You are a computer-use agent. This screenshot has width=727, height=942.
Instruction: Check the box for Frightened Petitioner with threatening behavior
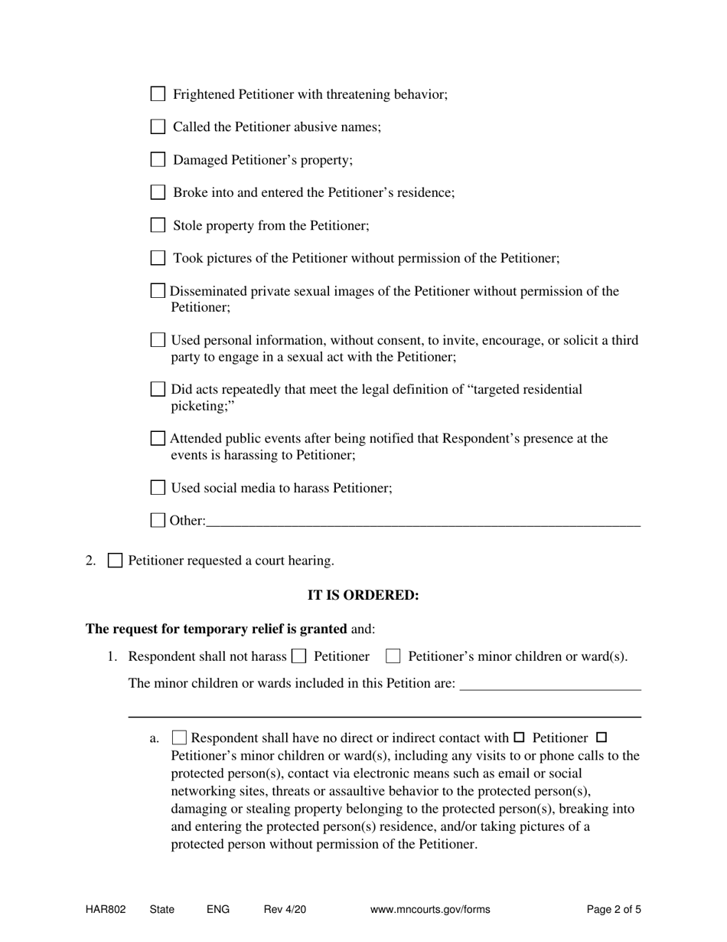tap(158, 94)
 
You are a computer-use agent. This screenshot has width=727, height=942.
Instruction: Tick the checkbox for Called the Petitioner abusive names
tap(158, 126)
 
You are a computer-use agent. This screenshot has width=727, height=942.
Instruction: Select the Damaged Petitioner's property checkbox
tap(158, 159)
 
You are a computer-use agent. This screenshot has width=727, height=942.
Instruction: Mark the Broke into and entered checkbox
tap(158, 192)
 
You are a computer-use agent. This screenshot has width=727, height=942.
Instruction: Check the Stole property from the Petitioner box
tap(158, 225)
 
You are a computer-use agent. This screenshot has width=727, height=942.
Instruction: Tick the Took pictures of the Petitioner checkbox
tap(158, 258)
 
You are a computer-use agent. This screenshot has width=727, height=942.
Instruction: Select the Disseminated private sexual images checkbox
tap(158, 291)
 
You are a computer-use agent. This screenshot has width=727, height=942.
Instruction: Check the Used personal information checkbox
tap(158, 339)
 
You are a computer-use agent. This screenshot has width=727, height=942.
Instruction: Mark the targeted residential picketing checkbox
tap(158, 389)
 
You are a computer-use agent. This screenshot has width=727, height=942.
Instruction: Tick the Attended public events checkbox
tap(158, 438)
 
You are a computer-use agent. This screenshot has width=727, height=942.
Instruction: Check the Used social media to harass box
tap(158, 487)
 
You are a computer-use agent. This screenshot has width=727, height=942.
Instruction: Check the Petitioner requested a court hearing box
tap(115, 561)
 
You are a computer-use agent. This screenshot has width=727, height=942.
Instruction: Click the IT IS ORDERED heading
tap(363, 595)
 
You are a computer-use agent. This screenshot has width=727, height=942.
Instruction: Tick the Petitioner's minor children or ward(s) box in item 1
tap(393, 656)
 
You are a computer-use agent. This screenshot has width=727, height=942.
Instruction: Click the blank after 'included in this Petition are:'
tap(549, 683)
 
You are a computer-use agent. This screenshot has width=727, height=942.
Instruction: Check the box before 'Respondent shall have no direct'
tap(179, 738)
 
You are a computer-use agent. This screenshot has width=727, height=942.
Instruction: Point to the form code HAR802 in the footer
tap(106, 910)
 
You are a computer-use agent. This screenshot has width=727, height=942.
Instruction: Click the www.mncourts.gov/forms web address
tap(430, 910)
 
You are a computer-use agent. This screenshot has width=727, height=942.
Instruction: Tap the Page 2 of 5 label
tap(614, 910)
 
